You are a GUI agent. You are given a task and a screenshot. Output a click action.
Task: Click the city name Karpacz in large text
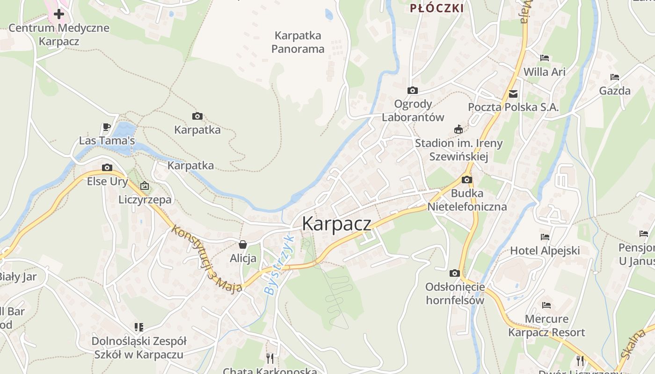[x=336, y=224]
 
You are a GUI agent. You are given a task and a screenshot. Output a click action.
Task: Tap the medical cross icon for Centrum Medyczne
[x=59, y=14]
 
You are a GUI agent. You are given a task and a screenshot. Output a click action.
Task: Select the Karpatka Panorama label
[x=298, y=42]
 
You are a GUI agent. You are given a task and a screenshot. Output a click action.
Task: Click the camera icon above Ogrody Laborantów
[x=412, y=90]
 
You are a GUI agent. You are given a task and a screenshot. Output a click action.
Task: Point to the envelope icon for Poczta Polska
[x=514, y=93]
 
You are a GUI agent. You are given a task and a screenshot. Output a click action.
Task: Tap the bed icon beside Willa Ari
[x=544, y=58]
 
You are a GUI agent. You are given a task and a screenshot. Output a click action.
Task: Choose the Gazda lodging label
[x=615, y=91]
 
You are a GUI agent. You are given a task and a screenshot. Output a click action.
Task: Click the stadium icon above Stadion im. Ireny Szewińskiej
[x=458, y=129]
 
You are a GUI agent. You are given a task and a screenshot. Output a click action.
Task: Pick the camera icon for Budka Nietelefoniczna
[x=466, y=180]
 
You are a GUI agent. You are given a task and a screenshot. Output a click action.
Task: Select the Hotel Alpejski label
[x=545, y=250]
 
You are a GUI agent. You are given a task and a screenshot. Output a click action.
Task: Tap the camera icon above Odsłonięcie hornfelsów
[x=454, y=273]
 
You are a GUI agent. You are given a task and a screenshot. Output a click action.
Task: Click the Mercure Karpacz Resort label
[x=546, y=326]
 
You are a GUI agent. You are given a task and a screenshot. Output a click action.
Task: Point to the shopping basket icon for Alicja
[x=243, y=245]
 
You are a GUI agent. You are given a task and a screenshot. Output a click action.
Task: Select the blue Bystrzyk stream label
[x=279, y=264]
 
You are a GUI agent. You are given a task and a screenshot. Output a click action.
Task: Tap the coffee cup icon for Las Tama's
[x=107, y=127]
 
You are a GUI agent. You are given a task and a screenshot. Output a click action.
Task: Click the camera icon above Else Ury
[x=107, y=167]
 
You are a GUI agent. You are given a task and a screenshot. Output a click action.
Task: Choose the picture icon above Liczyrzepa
[x=145, y=186]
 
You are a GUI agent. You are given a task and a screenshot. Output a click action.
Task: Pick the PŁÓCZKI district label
[x=437, y=8]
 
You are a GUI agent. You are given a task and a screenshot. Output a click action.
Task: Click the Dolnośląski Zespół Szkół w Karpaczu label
[x=139, y=347]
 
